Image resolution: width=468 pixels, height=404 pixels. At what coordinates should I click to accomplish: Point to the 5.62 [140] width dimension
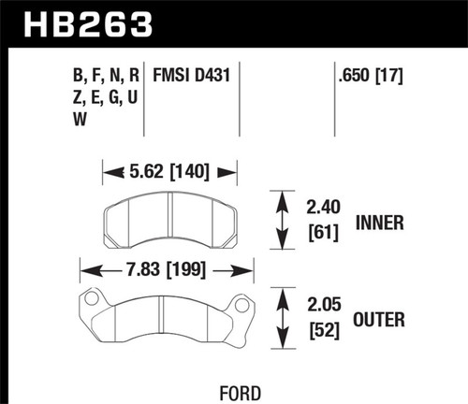click(169, 171)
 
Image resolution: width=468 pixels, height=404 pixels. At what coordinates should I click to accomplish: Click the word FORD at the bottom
click(235, 393)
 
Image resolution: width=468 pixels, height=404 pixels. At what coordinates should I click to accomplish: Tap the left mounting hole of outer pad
click(93, 301)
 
